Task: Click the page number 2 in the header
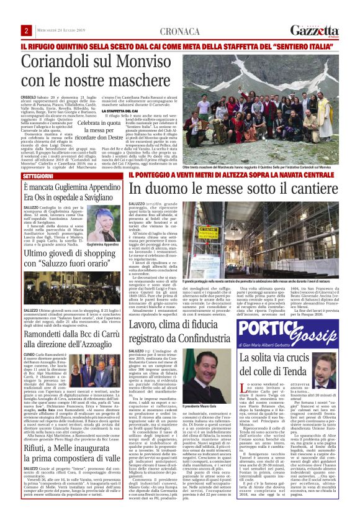(27, 30)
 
